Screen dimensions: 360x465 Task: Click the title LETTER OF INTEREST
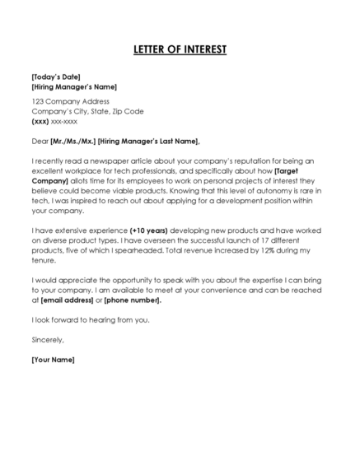[x=180, y=50]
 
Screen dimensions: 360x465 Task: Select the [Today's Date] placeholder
[x=55, y=77]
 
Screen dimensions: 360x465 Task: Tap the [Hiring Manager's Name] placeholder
[x=73, y=86]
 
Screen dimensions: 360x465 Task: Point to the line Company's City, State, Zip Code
[x=87, y=111]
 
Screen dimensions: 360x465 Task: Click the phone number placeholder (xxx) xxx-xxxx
[x=54, y=121]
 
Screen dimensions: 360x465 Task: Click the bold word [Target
[x=304, y=170]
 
